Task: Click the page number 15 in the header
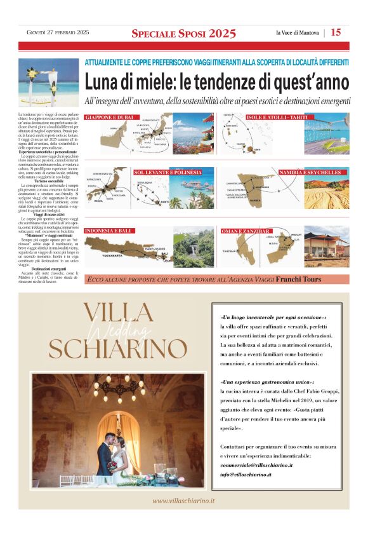point(336,32)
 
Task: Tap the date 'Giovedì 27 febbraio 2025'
point(58,33)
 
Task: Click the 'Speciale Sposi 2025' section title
point(183,33)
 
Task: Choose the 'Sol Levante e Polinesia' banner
point(168,172)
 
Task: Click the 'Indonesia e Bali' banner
point(108,231)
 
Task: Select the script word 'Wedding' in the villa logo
point(117,331)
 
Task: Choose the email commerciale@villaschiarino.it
point(256,465)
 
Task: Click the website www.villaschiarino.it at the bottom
point(184,501)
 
